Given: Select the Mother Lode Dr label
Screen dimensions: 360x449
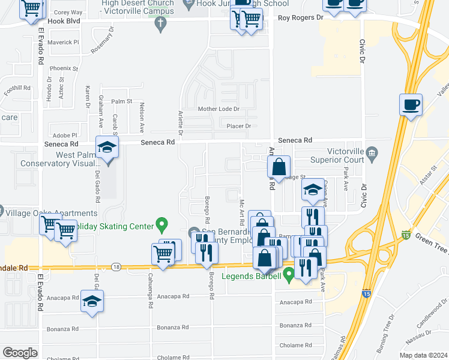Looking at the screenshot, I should coord(218,109).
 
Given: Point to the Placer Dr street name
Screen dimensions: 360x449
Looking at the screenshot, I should coord(238,126).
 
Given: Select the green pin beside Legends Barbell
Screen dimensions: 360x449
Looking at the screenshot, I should coord(289,276).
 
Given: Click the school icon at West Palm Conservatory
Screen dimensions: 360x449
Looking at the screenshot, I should coord(107,148).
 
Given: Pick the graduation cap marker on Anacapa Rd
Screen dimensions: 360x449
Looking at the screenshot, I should coord(92,301).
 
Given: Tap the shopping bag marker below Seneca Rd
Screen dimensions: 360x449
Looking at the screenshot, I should coord(279,167).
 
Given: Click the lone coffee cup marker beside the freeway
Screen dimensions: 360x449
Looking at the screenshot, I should coord(411,105).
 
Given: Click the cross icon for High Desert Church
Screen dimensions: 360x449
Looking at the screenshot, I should coord(160,24).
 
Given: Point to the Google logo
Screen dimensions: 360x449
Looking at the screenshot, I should coord(20,353).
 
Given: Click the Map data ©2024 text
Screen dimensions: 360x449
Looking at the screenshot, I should coord(423,355).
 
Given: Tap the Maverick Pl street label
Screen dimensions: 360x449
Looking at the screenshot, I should coord(64,42).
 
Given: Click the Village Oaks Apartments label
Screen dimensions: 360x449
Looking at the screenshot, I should coord(52,213).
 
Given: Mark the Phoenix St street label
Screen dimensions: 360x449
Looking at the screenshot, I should coord(64,69).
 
